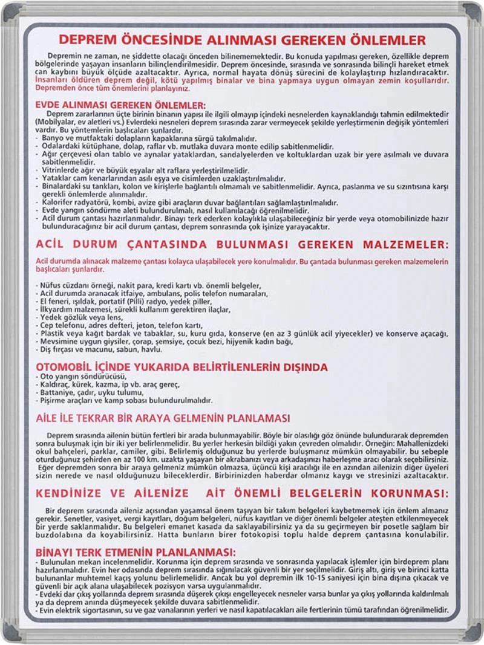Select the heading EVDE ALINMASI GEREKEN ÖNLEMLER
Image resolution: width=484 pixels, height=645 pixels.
point(120,105)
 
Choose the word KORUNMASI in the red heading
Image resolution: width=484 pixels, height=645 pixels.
point(407,493)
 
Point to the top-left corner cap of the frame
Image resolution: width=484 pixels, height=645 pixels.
point(11,11)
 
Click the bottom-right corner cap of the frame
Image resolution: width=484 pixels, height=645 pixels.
point(472,632)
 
